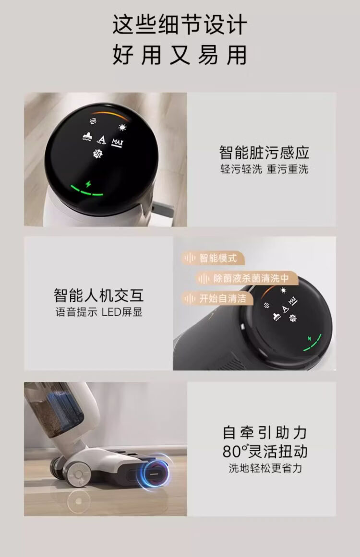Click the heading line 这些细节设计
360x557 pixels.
click(180, 24)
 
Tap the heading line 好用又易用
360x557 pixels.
click(180, 55)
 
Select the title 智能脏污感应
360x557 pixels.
click(264, 153)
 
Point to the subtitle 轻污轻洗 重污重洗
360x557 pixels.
click(264, 169)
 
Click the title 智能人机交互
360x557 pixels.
click(99, 295)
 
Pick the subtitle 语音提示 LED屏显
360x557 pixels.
click(99, 312)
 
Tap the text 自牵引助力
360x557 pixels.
click(265, 433)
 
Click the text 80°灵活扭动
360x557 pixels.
click(265, 451)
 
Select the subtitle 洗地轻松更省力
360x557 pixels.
click(265, 468)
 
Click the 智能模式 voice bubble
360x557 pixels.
click(213, 258)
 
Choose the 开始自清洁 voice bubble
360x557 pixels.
click(217, 298)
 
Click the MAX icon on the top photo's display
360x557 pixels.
click(117, 143)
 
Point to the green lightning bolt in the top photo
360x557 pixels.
click(88, 184)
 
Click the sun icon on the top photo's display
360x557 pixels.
click(122, 128)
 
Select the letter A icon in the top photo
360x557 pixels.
click(102, 140)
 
